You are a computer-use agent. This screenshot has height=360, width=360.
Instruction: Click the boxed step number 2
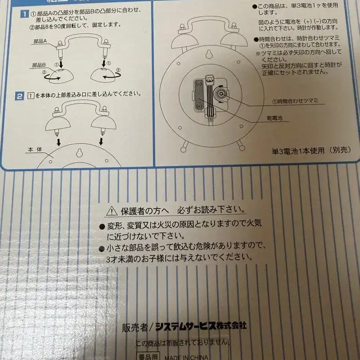tap(19, 95)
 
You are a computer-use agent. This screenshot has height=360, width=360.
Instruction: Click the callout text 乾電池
tap(275, 119)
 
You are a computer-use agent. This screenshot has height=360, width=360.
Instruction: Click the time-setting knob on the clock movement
tap(220, 94)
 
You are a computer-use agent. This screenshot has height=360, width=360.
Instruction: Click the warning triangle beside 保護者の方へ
tap(112, 210)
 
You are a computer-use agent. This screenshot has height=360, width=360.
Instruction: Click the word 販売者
tap(135, 328)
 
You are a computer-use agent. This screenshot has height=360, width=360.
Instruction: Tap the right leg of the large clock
tap(240, 144)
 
